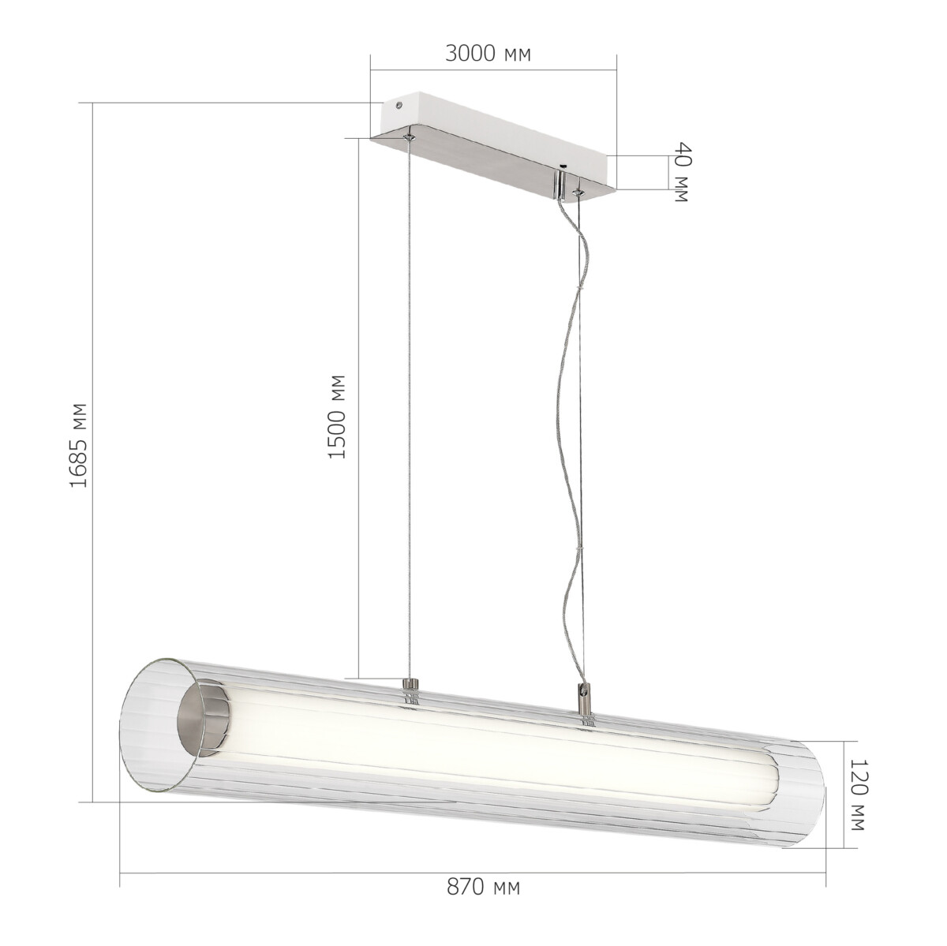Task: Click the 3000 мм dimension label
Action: coord(488,54)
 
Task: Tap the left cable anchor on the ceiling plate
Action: coord(409,138)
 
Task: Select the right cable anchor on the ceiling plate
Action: coord(579,189)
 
